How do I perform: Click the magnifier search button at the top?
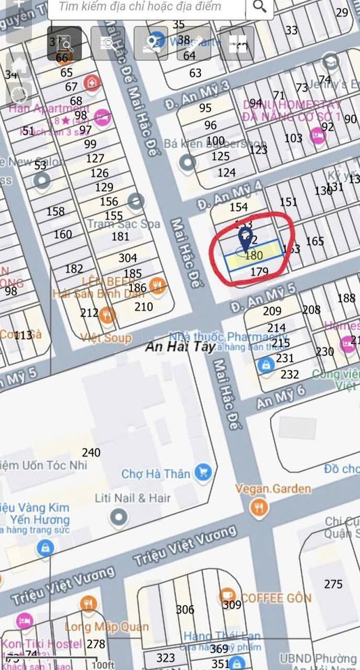260,7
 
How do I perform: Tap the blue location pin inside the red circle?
246,239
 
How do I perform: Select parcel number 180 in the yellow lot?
254,255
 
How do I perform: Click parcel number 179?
259,271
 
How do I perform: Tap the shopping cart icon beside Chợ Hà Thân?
203,472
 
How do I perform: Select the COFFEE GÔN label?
276,598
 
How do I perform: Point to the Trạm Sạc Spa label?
123,224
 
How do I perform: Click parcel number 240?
91,452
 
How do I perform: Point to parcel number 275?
333,584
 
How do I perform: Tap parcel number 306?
185,610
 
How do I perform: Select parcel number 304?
128,258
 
